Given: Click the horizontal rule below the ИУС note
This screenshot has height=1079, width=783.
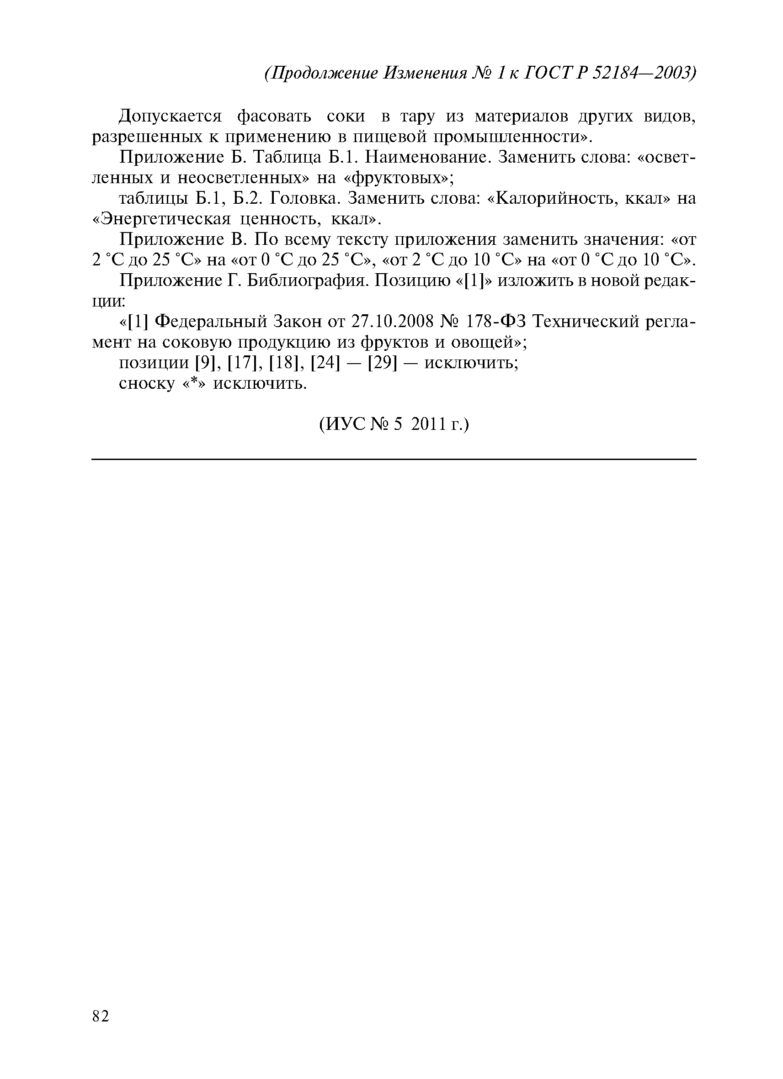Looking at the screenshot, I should coord(394,459).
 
